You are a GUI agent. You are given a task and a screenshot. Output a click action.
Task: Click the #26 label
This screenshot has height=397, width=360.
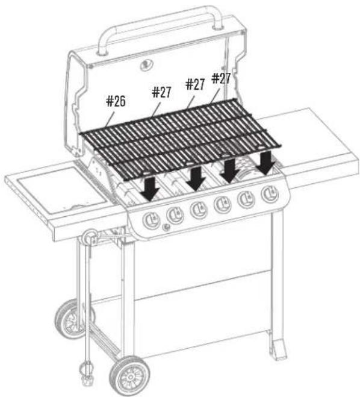pyautogui.click(x=116, y=101)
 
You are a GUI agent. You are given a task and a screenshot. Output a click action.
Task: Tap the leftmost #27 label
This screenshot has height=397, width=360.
pyautogui.click(x=162, y=92)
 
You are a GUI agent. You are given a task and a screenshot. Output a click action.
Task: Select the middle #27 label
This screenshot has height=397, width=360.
pyautogui.click(x=195, y=84)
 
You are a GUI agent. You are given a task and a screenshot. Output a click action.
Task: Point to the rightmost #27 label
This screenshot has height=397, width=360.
pyautogui.click(x=221, y=78)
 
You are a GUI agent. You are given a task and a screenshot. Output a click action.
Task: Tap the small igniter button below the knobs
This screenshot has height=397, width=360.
pyautogui.click(x=167, y=227)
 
